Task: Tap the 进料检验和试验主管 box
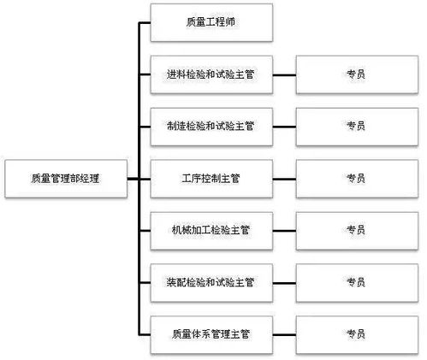tap(211, 75)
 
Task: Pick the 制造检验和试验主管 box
tap(211, 127)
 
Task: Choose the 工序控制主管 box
tap(211, 178)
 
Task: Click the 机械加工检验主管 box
tap(211, 229)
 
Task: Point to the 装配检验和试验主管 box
tap(211, 280)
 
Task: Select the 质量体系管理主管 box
tap(211, 332)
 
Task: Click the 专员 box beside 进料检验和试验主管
tap(356, 75)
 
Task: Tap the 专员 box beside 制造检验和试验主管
tap(356, 127)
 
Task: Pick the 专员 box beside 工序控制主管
tap(356, 178)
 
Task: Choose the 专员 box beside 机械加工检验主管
tap(356, 229)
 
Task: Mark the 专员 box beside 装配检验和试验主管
tap(356, 280)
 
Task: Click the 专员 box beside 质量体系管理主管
tap(356, 332)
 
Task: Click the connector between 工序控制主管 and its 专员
tap(284, 178)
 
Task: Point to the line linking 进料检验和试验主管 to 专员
tap(284, 75)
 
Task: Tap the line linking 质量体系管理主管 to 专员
tap(284, 332)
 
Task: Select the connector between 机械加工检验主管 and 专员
tap(284, 229)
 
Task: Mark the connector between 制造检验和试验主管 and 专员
tap(284, 127)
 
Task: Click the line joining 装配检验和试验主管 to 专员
tap(284, 280)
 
